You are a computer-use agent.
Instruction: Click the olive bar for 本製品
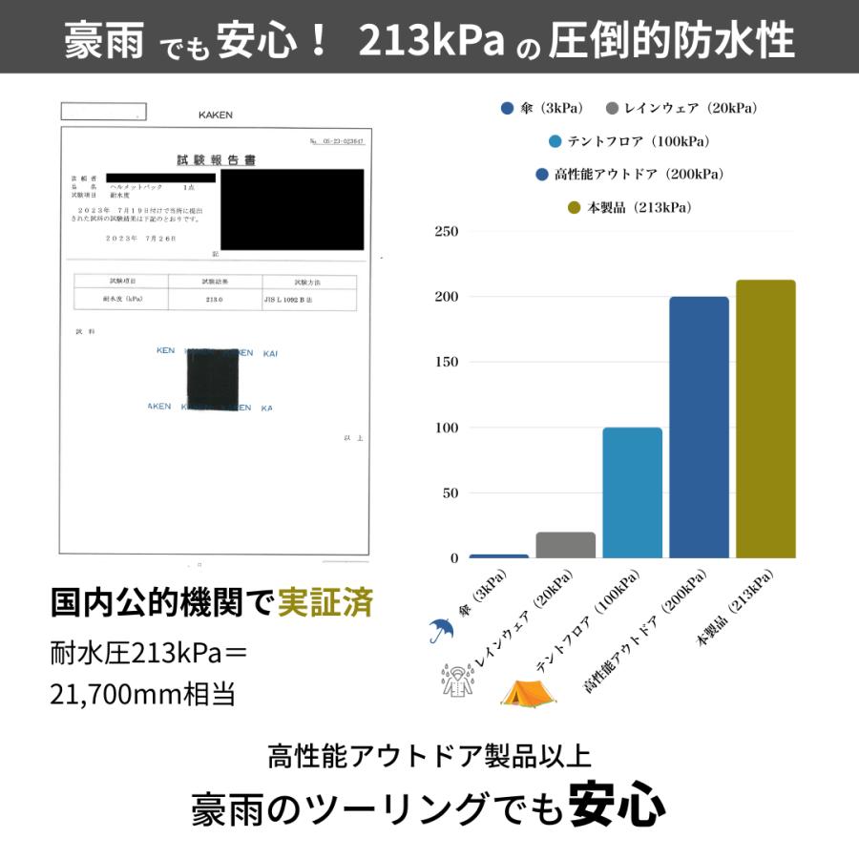coord(765,419)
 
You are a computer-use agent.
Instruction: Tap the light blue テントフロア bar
coord(632,492)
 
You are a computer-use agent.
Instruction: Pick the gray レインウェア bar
coord(565,545)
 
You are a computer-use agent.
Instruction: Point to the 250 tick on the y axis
coord(447,232)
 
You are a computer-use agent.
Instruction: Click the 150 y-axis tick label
coord(447,363)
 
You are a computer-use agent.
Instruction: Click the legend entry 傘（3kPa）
coord(542,109)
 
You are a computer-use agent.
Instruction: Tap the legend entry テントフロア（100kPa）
coord(629,142)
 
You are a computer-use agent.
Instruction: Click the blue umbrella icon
coord(441,629)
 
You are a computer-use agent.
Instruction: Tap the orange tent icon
coord(529,692)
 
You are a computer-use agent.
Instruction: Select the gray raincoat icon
coord(457,679)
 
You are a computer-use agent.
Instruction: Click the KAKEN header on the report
coord(215,115)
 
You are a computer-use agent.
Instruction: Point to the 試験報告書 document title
coord(217,160)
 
